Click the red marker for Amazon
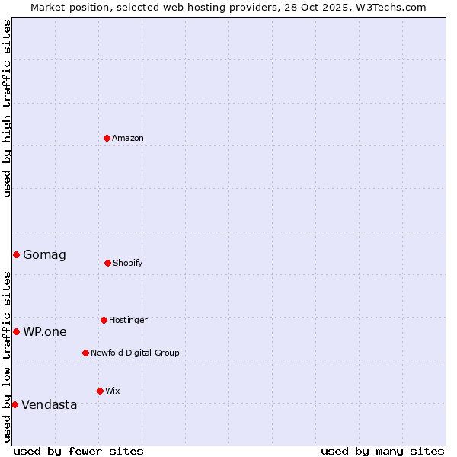[x=107, y=138]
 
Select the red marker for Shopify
[x=107, y=263]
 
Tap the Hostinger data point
[x=104, y=320]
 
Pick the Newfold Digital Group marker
[x=85, y=353]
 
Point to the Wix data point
[x=100, y=391]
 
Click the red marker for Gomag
[x=16, y=254]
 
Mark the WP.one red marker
[x=16, y=331]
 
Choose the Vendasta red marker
[x=14, y=404]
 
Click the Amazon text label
[x=128, y=138]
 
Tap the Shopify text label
[x=128, y=263]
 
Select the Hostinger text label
[x=128, y=320]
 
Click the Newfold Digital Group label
[x=135, y=353]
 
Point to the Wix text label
[x=113, y=391]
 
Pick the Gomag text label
[x=44, y=254]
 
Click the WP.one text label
[x=45, y=331]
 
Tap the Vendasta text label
[x=50, y=404]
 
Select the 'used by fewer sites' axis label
[x=78, y=451]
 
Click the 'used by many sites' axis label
[x=382, y=451]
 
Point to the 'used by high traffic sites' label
[x=7, y=108]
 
